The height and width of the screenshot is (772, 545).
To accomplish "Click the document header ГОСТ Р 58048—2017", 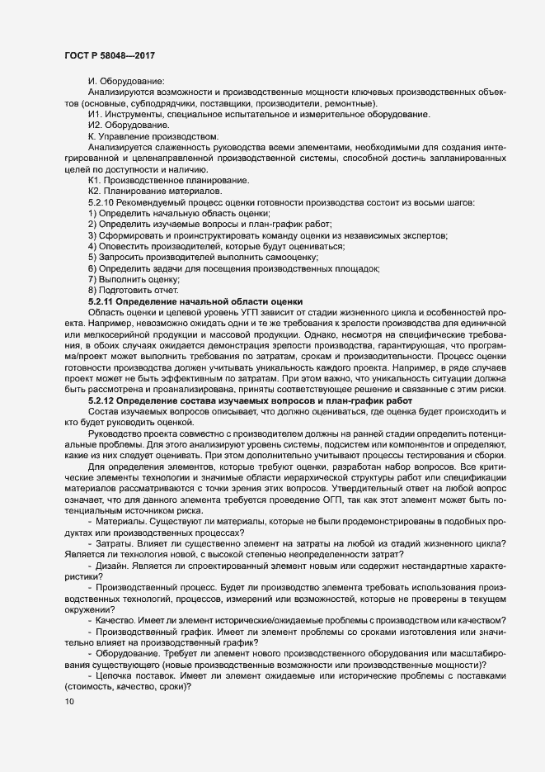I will (111, 54).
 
